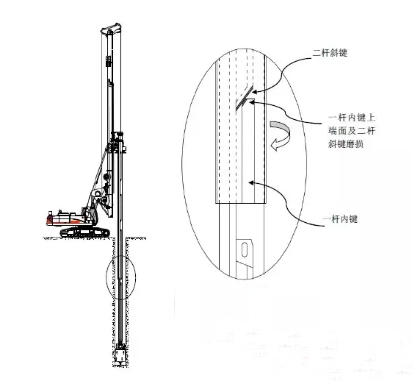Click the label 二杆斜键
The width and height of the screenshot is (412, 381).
[330, 53]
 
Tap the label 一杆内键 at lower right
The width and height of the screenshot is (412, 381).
[340, 219]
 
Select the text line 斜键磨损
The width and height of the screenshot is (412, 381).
[346, 144]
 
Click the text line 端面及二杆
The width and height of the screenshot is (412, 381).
[352, 131]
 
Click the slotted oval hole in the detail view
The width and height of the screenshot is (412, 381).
[245, 249]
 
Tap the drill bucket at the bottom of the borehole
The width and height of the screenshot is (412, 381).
[120, 355]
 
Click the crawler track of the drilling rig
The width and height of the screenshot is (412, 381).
[85, 232]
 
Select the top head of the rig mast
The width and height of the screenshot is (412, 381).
[111, 28]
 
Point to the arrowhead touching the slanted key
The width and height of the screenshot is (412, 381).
[254, 92]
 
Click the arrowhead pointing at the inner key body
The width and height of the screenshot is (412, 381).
[251, 182]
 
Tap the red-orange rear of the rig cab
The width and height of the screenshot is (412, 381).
[49, 219]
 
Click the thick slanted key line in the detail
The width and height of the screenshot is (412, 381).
[242, 104]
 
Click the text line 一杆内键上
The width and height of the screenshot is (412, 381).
[352, 118]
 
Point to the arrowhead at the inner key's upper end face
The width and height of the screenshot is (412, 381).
[252, 102]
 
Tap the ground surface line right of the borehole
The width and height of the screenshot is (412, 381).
[136, 238]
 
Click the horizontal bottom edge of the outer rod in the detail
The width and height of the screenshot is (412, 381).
[240, 203]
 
